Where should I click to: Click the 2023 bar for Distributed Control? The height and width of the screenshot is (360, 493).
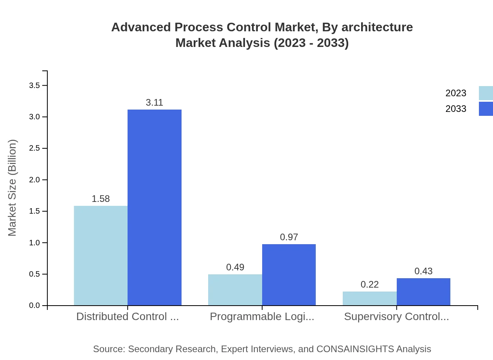(x=101, y=256)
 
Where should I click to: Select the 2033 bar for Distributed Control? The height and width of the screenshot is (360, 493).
(x=155, y=207)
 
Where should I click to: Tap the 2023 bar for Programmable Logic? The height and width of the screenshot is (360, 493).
(x=235, y=290)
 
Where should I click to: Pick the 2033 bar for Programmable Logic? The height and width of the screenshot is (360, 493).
(x=289, y=275)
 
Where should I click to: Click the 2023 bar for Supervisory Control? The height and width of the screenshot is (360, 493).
(x=369, y=298)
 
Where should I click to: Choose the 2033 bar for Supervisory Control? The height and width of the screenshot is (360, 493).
(x=423, y=292)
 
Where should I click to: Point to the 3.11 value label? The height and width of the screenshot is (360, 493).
(x=155, y=103)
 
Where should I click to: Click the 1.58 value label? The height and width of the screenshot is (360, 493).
(x=101, y=199)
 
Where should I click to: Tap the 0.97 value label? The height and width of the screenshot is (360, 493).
(x=289, y=237)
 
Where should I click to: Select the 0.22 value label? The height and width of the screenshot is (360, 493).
(x=369, y=284)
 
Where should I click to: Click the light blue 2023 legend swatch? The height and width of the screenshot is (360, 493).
(x=486, y=93)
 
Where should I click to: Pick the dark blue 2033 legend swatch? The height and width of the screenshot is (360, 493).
(x=486, y=109)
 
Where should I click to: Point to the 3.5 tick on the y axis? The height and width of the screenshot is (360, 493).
(x=34, y=85)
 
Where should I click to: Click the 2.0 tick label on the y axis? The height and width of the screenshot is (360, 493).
(x=34, y=180)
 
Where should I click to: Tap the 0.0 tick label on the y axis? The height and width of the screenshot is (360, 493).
(x=34, y=306)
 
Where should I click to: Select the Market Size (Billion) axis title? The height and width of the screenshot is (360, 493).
(x=12, y=188)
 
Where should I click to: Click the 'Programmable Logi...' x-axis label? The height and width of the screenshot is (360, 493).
(x=262, y=317)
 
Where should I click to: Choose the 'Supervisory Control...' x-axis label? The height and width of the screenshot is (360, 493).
(x=396, y=317)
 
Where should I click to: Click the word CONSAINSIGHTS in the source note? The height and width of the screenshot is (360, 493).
(x=355, y=349)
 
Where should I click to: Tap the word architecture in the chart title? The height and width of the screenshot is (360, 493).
(x=377, y=27)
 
